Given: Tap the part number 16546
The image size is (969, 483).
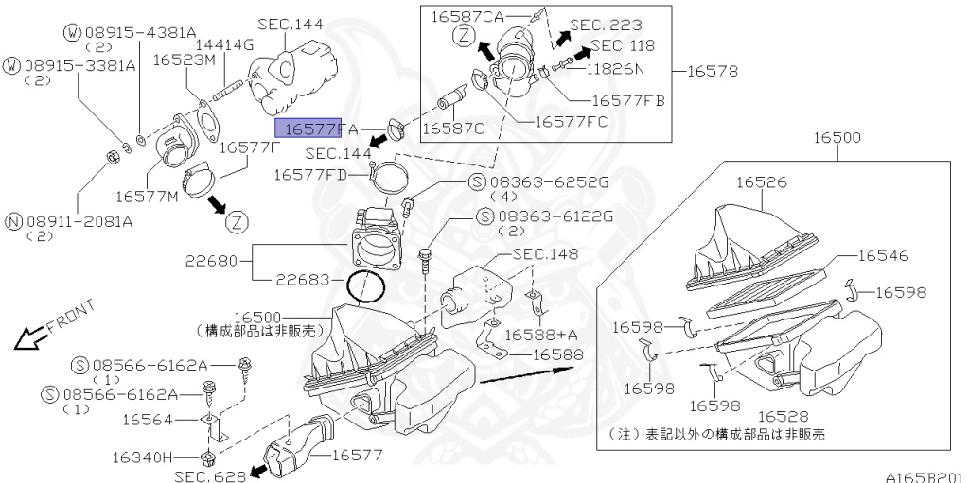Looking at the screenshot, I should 884,255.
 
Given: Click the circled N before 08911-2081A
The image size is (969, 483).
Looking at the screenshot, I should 13,220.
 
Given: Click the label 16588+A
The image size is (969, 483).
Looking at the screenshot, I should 540,334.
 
